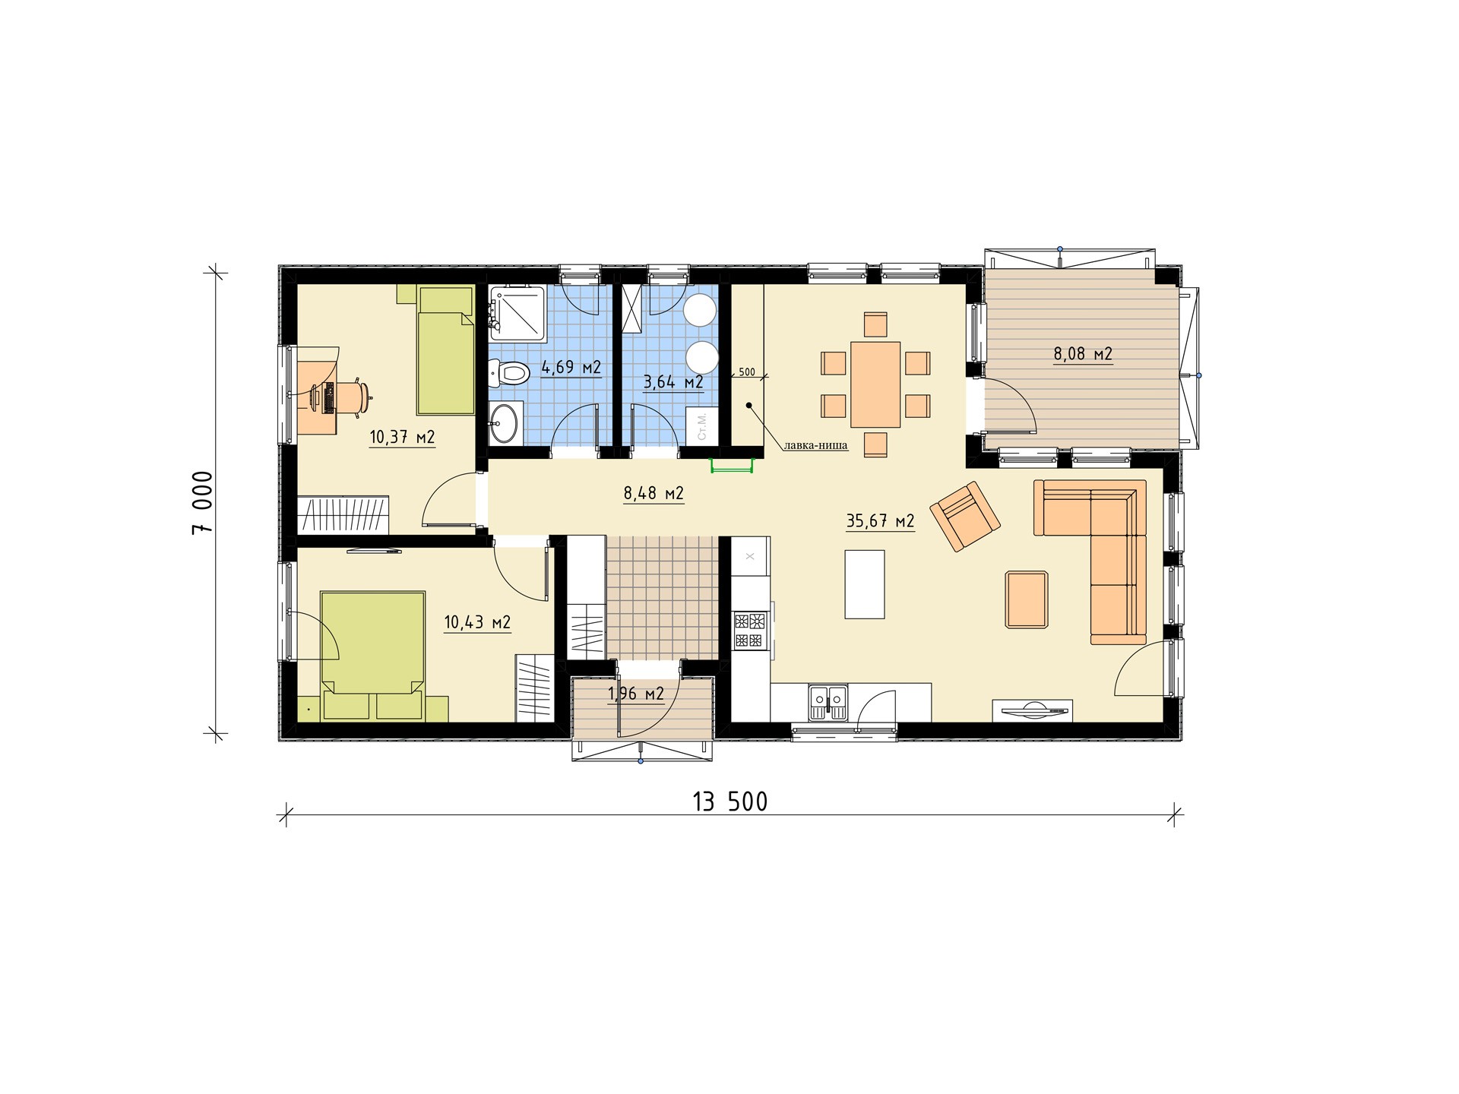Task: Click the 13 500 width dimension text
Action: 730,802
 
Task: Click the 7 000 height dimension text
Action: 203,502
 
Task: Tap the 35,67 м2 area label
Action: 880,521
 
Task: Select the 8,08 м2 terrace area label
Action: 1083,353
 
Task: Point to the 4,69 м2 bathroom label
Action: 571,368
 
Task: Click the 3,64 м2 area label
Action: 673,382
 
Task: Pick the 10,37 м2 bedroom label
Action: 402,438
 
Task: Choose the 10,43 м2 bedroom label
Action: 477,623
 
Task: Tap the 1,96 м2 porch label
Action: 636,694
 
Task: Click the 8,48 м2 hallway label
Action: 654,493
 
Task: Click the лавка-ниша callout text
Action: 816,446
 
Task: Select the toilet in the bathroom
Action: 509,373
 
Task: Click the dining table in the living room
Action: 875,384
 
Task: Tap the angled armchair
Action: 965,517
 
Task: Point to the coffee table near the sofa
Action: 1027,599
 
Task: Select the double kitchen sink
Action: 828,701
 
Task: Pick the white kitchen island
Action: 865,584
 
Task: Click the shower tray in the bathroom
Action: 518,312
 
